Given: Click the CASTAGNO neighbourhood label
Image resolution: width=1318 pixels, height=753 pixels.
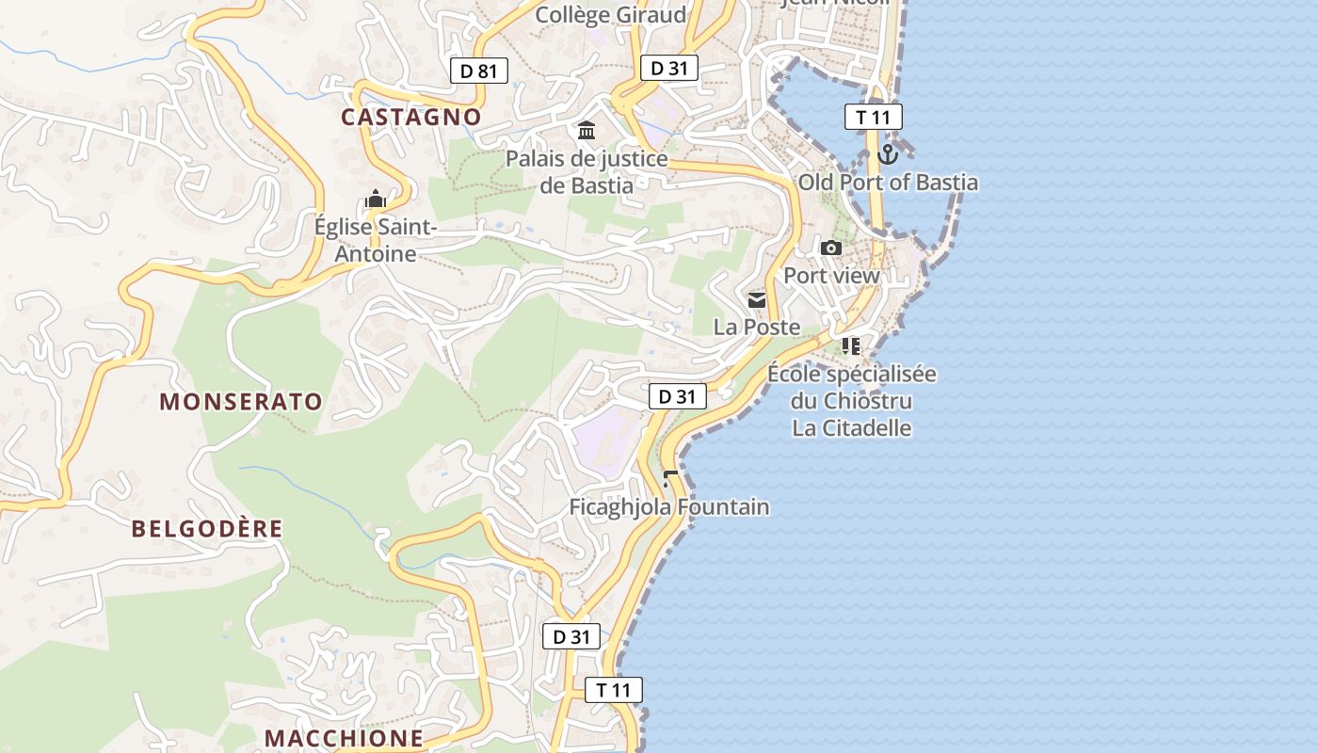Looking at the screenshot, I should tap(410, 117).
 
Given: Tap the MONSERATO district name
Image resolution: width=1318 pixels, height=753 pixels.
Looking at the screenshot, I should tap(241, 402).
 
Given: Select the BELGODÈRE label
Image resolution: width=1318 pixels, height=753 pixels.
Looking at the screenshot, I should tap(207, 529).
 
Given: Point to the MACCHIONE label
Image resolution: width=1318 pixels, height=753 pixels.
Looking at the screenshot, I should tap(344, 738).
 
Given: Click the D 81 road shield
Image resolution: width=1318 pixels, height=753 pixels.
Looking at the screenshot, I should tap(478, 71).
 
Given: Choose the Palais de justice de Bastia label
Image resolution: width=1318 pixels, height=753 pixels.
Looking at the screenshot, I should tap(587, 171).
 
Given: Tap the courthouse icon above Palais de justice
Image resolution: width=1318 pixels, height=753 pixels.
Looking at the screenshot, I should tap(587, 130).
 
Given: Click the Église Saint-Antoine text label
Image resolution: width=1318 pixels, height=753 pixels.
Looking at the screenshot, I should tap(376, 241).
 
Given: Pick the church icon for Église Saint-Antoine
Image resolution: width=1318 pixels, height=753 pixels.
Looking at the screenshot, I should tap(376, 200).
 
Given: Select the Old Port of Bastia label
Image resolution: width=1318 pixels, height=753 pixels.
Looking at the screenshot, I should tap(888, 183).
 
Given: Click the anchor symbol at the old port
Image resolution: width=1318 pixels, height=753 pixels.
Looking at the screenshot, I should tap(888, 153).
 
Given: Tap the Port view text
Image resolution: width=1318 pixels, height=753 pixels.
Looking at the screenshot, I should tap(831, 276).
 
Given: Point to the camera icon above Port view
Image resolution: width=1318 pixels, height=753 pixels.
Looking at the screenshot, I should tap(831, 248).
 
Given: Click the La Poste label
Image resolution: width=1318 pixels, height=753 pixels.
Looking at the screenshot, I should tap(757, 328).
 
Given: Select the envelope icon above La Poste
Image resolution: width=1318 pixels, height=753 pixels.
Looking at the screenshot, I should tap(757, 300).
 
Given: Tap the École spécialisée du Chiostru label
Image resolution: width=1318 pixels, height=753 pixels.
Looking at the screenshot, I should tap(852, 388).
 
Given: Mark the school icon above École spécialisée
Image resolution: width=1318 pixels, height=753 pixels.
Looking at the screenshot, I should tap(851, 346).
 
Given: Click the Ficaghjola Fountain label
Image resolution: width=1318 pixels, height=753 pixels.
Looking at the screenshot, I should tap(668, 507).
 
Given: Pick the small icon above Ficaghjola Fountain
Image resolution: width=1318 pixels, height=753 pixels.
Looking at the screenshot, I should tap(669, 479).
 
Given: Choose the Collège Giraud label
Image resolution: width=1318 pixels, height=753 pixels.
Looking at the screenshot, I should tap(610, 15).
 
